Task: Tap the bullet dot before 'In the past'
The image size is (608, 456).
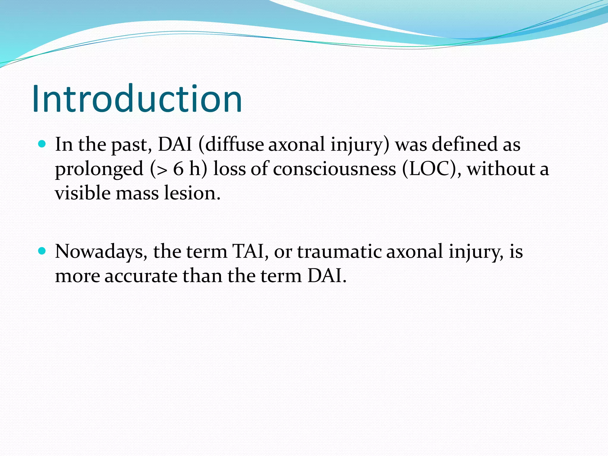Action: pos(42,144)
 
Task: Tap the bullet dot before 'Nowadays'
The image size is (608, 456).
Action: pos(42,251)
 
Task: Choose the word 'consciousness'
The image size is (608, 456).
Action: pos(334,169)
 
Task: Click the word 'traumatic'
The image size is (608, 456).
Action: pos(339,252)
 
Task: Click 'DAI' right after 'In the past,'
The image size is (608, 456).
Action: pos(175,145)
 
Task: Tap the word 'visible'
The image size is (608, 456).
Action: pos(83,193)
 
